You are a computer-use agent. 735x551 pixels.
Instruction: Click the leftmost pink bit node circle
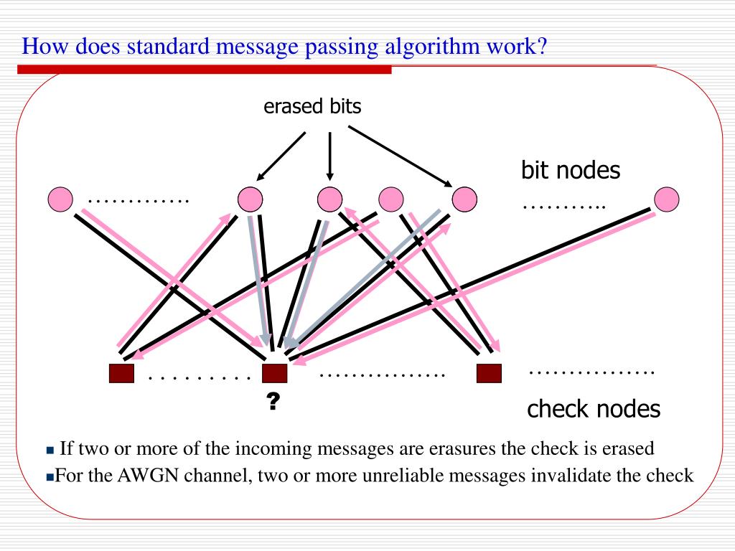pyautogui.click(x=60, y=199)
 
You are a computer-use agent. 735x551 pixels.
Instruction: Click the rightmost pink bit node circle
pyautogui.click(x=667, y=198)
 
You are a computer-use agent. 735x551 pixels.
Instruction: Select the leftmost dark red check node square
pyautogui.click(x=121, y=374)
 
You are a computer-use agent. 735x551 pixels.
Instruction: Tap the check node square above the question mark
pyautogui.click(x=274, y=374)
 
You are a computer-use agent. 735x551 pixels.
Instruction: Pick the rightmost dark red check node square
pyautogui.click(x=489, y=374)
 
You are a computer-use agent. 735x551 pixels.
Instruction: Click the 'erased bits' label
pyautogui.click(x=312, y=107)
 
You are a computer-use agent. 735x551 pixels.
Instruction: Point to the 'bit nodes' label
pyautogui.click(x=571, y=170)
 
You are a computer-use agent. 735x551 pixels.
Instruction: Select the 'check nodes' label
pyautogui.click(x=593, y=409)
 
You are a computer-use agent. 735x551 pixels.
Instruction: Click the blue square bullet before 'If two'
pyautogui.click(x=50, y=451)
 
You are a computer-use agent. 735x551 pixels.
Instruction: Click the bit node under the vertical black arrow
pyautogui.click(x=329, y=198)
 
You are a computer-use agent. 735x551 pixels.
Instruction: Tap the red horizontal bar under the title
pyautogui.click(x=205, y=70)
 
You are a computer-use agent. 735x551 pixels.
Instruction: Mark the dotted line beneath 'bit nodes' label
pyautogui.click(x=564, y=207)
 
